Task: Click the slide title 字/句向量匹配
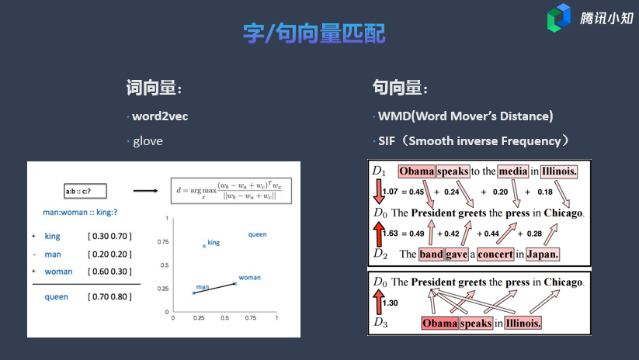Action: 314,33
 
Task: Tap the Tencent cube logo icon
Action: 559,18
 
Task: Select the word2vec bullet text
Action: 160,116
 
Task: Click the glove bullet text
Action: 148,141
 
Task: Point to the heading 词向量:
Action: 154,88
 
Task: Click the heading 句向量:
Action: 400,88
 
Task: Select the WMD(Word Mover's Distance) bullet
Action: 465,116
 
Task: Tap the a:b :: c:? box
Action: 85,191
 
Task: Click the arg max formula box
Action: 231,191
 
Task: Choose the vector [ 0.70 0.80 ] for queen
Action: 110,297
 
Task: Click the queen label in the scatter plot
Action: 257,234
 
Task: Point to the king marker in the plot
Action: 204,246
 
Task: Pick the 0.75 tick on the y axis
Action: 163,242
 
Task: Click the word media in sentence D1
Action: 513,171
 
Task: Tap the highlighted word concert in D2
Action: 495,254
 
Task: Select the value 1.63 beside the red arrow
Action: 390,234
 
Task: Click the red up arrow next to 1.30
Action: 379,302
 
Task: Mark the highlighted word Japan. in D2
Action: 543,254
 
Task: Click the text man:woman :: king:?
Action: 80,212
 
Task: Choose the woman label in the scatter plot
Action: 249,278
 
